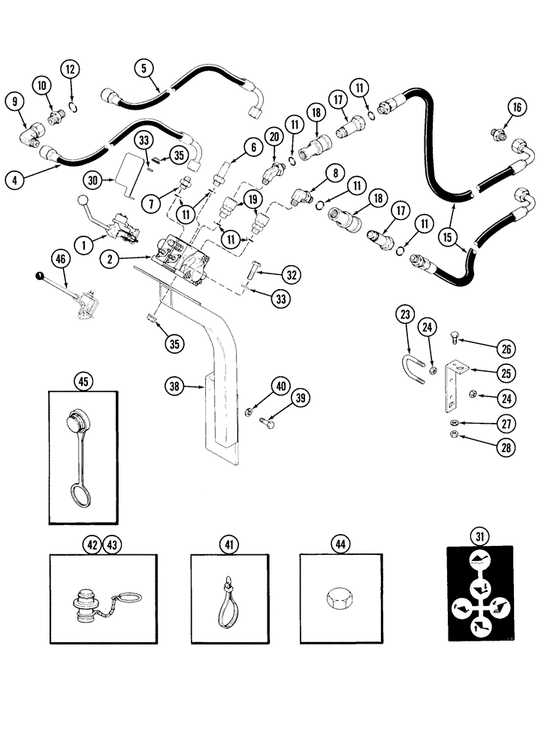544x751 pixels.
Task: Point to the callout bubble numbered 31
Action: point(479,535)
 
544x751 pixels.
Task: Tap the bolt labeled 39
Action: point(267,421)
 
